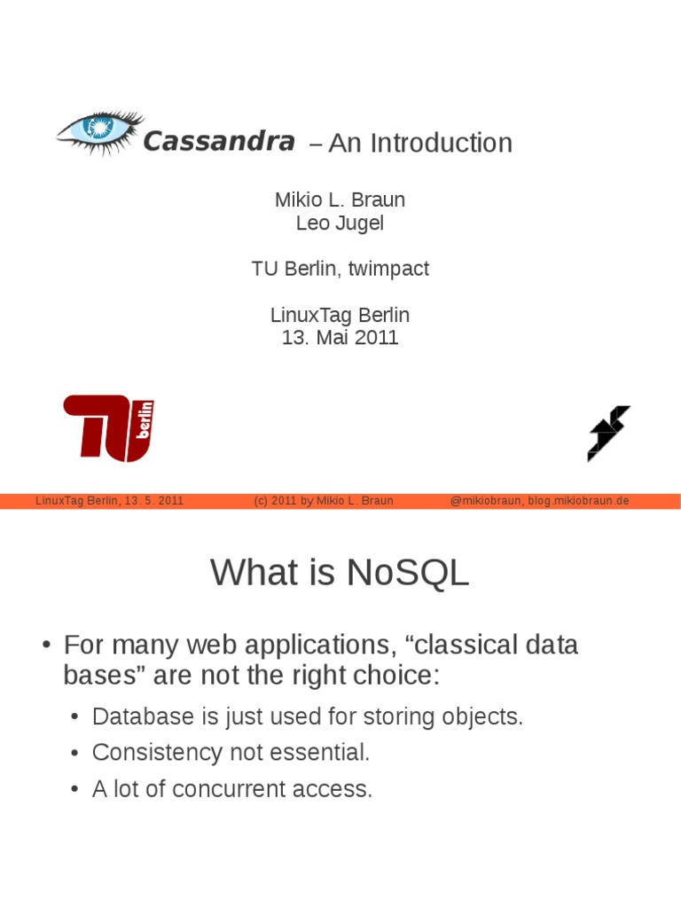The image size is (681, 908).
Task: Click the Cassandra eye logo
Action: tap(98, 133)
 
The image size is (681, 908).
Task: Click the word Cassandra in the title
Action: tap(218, 141)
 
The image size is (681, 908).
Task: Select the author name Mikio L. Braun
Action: tap(340, 200)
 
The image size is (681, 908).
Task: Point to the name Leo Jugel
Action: tap(340, 223)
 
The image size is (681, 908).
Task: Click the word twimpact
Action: tap(389, 269)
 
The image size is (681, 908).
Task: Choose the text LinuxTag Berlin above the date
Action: tap(340, 315)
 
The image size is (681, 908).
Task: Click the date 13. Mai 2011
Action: tap(340, 337)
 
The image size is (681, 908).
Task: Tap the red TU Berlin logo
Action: tap(109, 428)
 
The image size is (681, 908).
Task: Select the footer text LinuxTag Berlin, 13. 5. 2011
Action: tap(109, 500)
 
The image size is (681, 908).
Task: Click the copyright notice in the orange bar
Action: tap(323, 500)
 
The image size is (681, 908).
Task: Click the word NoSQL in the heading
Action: tap(408, 573)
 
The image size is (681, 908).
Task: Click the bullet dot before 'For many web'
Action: tap(46, 646)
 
